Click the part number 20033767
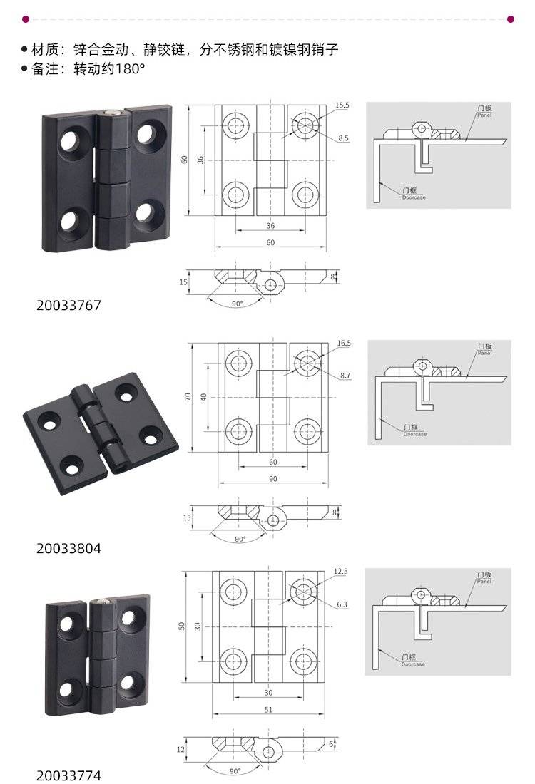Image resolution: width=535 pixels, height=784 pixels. tap(68, 305)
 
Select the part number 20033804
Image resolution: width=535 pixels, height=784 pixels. tap(68, 548)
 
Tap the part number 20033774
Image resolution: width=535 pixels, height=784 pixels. tap(68, 775)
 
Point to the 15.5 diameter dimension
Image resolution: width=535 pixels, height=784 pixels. tap(342, 105)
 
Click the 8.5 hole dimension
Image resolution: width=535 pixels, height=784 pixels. tap(343, 138)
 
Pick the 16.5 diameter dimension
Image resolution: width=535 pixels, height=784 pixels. tap(344, 343)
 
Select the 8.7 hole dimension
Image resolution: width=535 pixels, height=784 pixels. tap(345, 376)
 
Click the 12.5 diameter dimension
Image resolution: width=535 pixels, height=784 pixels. tap(341, 571)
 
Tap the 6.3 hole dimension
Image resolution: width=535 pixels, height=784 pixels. tap(342, 604)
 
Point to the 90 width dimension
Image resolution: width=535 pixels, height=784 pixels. tap(272, 478)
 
